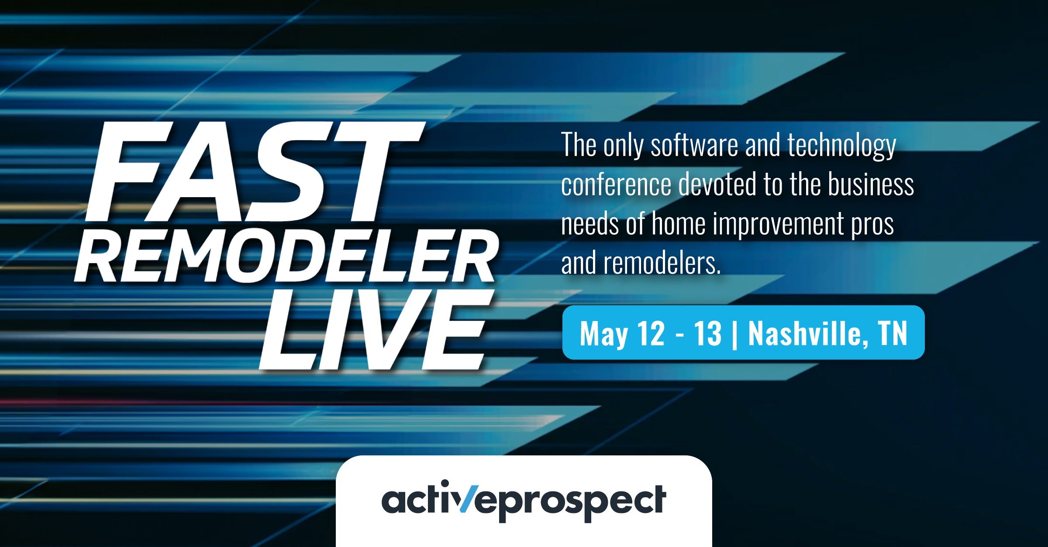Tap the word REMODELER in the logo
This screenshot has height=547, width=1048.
286,256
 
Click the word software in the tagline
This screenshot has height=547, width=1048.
694,145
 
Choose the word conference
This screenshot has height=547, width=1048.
616,184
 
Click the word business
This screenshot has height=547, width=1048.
871,184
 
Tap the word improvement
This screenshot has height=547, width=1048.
778,224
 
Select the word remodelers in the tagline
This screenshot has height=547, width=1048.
662,263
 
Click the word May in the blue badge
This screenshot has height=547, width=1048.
604,334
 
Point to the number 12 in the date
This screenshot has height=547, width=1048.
651,333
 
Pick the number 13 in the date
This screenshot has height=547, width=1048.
708,333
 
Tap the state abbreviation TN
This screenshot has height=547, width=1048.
893,333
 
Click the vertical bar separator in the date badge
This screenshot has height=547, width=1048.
734,334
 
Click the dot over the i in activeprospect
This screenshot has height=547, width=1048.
445,483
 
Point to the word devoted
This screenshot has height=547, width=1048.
717,184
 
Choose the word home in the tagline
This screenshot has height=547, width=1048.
679,223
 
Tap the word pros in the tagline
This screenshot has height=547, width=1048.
872,225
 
